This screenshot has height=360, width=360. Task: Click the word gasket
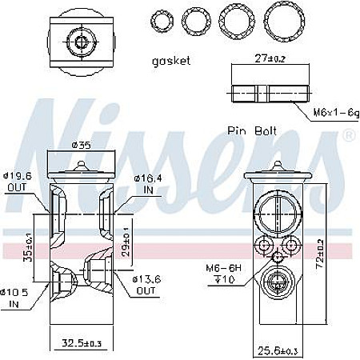[171, 61]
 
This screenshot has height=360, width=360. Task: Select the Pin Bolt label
[251, 130]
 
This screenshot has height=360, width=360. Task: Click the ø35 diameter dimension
[80, 146]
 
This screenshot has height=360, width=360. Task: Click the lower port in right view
[277, 285]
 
